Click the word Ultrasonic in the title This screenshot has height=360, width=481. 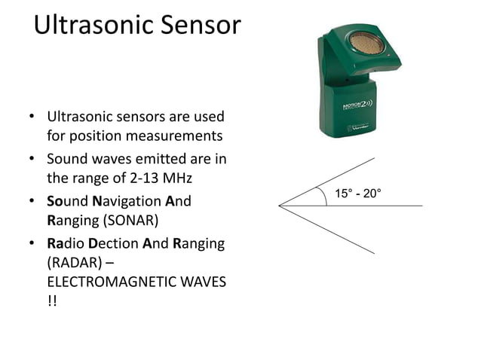(x=90, y=26)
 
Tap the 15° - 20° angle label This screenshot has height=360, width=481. (x=358, y=194)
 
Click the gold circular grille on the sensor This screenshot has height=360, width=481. (x=366, y=41)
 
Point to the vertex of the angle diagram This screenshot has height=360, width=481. (x=280, y=205)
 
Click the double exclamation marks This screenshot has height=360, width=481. (x=51, y=301)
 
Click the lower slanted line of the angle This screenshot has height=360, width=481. (x=332, y=230)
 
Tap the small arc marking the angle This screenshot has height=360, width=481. (x=325, y=195)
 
